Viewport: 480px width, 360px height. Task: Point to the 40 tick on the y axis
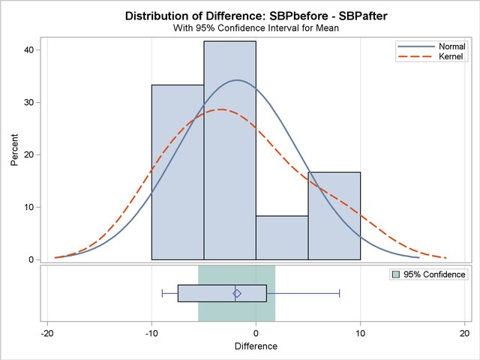pyautogui.click(x=35, y=49)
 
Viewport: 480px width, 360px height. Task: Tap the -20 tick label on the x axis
pyautogui.click(x=46, y=333)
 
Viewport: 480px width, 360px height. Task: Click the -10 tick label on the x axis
pyautogui.click(x=151, y=333)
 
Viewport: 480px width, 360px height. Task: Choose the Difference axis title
pyautogui.click(x=256, y=346)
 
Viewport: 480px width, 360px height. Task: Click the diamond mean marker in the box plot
pyautogui.click(x=237, y=293)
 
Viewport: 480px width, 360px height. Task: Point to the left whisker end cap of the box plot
pyautogui.click(x=162, y=293)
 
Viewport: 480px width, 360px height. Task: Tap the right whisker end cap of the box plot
pyautogui.click(x=340, y=293)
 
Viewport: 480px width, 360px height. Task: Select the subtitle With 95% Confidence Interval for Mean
pyautogui.click(x=256, y=28)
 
